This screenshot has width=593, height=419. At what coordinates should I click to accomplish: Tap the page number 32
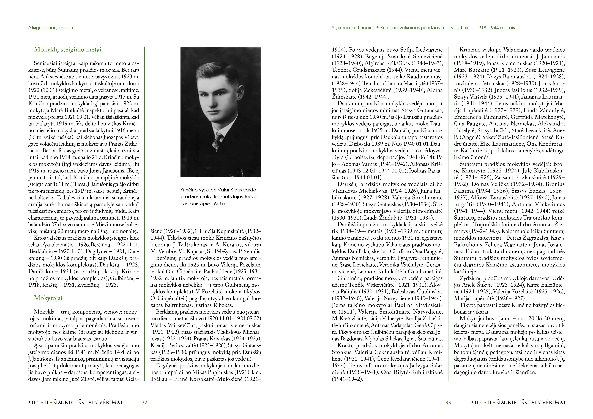coord(145,403)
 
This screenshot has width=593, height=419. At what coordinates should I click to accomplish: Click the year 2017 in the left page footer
coord(33,403)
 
